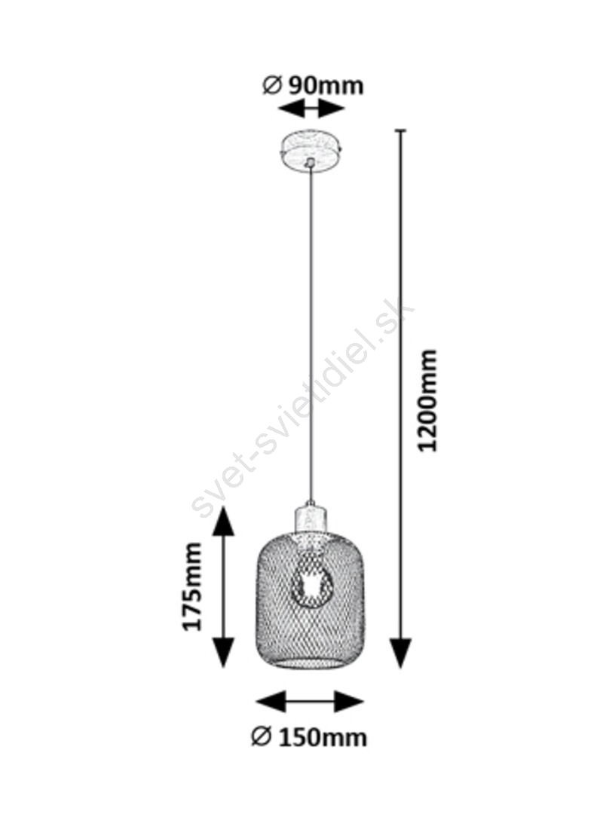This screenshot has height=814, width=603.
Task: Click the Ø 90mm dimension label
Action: [x=313, y=86]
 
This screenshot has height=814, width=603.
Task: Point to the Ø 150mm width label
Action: [x=309, y=737]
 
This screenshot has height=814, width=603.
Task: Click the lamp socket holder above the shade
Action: [x=311, y=520]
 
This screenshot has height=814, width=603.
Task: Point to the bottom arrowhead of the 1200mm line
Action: [x=400, y=652]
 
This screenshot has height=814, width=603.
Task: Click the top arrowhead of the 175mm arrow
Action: [x=224, y=522]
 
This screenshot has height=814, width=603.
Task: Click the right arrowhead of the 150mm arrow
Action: [x=348, y=702]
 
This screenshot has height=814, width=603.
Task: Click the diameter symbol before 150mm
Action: [x=262, y=736]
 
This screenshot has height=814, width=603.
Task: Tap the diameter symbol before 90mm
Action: [x=272, y=86]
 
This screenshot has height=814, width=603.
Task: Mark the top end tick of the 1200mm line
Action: [x=400, y=130]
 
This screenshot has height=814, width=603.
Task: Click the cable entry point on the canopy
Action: [x=311, y=163]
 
